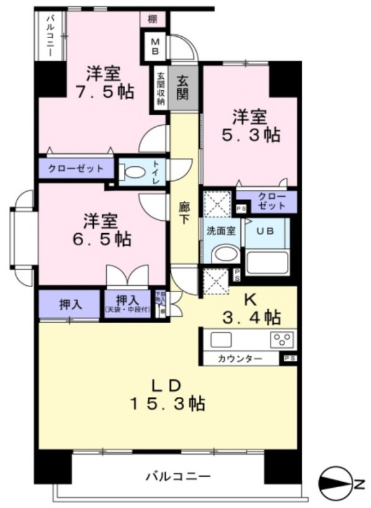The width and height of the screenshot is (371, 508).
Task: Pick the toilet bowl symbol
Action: (x=133, y=171)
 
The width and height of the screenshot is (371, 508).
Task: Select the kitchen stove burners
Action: (x=283, y=339)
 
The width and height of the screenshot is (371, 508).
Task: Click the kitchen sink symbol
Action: (x=224, y=339)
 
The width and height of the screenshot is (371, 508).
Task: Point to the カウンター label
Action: (x=240, y=359)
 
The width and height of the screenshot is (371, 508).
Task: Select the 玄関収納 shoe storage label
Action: (x=161, y=89)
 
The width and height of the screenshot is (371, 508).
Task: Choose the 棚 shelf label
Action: (x=152, y=19)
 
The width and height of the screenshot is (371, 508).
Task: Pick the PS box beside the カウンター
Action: (x=289, y=359)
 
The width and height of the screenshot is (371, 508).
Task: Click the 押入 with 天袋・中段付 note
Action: (x=128, y=304)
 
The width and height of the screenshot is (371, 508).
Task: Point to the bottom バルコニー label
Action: (x=178, y=475)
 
